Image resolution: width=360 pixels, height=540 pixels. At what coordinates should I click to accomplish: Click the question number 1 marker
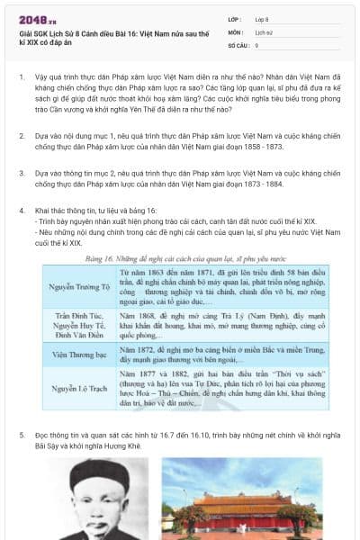[x=21, y=78]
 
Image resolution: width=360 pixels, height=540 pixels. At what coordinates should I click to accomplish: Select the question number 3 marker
[x=21, y=170]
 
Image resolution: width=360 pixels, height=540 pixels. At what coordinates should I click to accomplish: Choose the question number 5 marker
[x=21, y=436]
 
